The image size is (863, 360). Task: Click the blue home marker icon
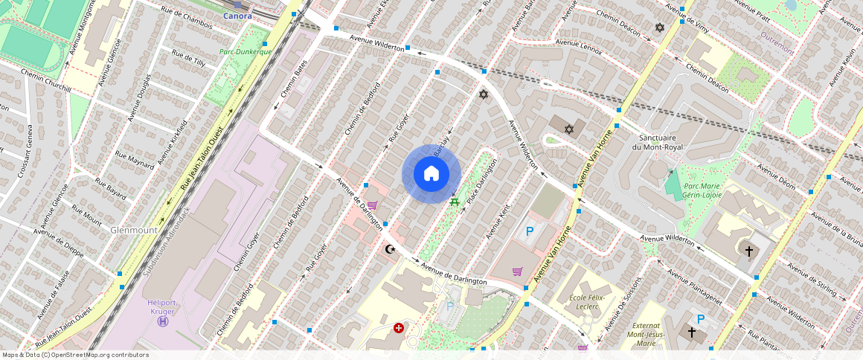click(431, 174)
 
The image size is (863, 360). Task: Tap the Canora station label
click(238, 16)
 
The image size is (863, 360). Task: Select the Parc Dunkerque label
click(246, 52)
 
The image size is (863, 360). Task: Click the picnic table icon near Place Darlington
click(453, 200)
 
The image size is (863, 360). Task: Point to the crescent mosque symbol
click(388, 250)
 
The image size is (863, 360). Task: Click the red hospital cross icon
click(399, 327)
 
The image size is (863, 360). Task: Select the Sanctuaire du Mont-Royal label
click(657, 143)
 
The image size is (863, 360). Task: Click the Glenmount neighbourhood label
click(133, 231)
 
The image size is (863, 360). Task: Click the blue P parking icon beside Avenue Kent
click(530, 231)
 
